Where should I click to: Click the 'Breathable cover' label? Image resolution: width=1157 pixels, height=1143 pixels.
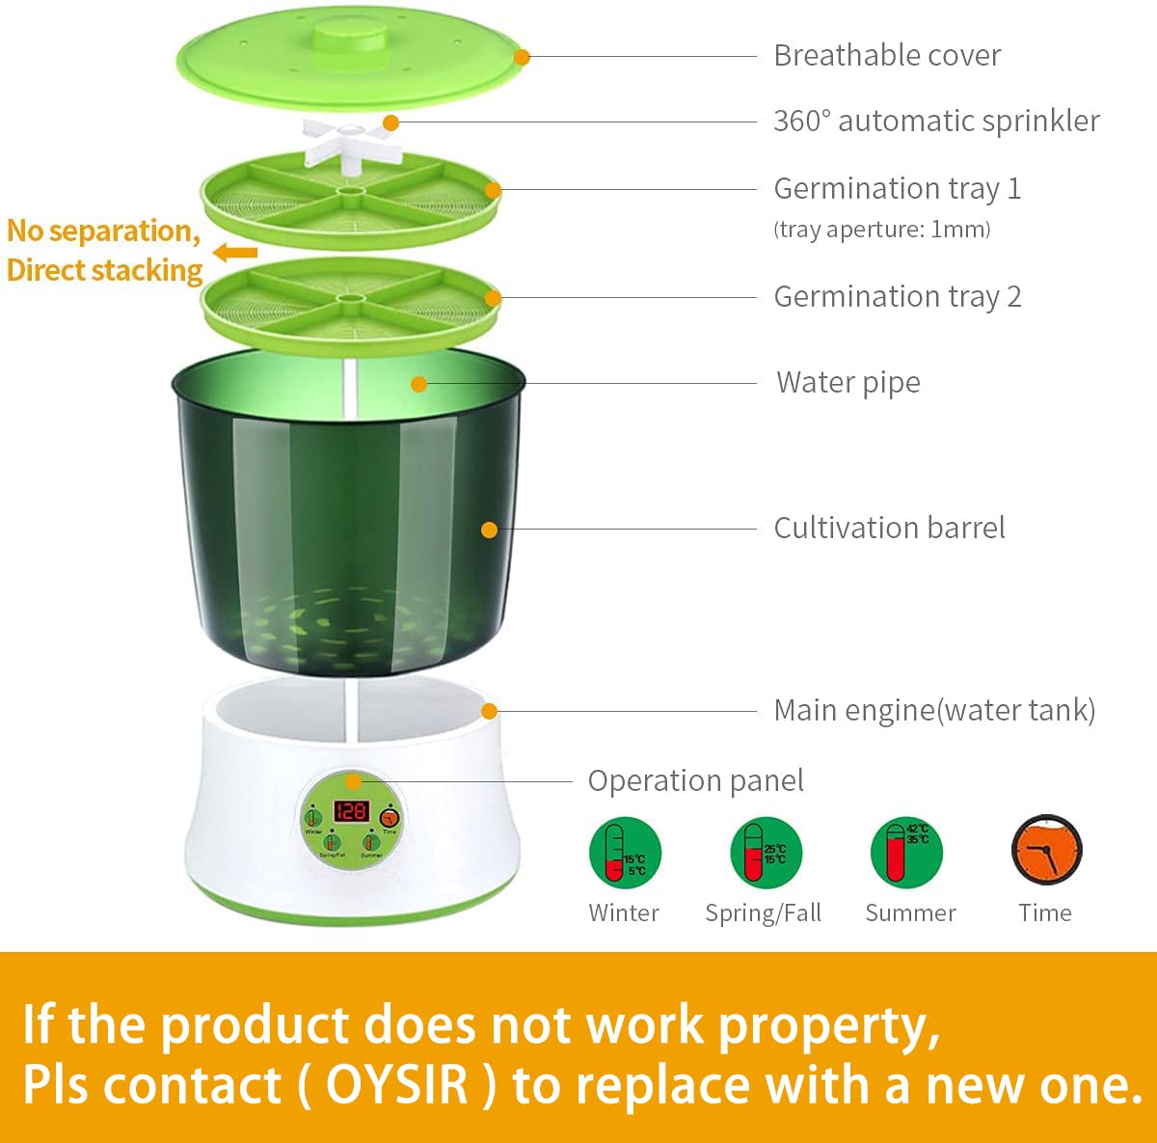coord(887,56)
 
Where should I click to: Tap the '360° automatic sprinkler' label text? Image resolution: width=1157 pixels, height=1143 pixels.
coord(936,122)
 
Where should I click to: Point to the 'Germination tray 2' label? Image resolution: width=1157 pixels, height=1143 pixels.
coord(897,297)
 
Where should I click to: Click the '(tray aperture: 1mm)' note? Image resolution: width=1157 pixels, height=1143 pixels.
coord(882,230)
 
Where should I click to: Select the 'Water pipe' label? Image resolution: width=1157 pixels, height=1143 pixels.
coord(848,383)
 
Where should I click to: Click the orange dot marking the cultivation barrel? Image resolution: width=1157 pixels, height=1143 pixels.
coord(489,530)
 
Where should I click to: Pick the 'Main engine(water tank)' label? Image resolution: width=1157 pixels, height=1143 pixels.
coord(934,711)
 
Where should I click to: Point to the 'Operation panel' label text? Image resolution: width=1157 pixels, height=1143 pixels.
coord(695,781)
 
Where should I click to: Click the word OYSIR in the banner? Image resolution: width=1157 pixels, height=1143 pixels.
coord(397,1085)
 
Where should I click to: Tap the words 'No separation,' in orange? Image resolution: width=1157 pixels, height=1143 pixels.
coord(103,231)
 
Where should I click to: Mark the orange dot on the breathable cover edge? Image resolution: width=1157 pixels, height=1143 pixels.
coord(522,57)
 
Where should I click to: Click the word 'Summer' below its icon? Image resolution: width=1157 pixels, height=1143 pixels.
coord(910,913)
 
